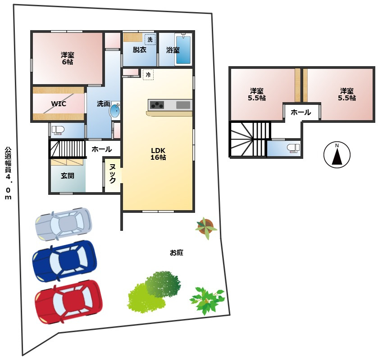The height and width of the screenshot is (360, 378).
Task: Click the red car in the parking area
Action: click(68, 302)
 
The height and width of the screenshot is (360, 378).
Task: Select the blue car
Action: click(64, 261)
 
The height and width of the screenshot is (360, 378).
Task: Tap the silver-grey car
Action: click(64, 224)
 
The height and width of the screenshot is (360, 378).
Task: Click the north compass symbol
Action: click(337, 155)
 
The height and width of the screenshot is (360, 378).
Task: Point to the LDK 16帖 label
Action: click(158, 154)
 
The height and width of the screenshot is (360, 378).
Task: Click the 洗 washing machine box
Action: click(150, 40)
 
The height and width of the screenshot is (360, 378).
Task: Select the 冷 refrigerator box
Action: click(148, 75)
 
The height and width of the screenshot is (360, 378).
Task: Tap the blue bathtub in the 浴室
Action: click(183, 50)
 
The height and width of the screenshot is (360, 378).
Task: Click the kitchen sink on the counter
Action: click(183, 105)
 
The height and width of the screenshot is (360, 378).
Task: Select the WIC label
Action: click(59, 104)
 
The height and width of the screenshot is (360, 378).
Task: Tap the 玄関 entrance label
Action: click(67, 176)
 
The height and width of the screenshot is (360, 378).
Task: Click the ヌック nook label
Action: click(112, 173)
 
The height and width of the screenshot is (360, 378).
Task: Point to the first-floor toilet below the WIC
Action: click(58, 130)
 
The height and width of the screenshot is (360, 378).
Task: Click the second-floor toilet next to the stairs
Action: click(293, 148)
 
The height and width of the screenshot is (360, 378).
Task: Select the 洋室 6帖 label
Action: click(67, 58)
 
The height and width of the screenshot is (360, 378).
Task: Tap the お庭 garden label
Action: click(177, 252)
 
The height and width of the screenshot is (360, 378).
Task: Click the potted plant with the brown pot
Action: click(206, 227)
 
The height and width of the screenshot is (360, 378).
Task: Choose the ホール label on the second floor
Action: click(301, 112)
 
